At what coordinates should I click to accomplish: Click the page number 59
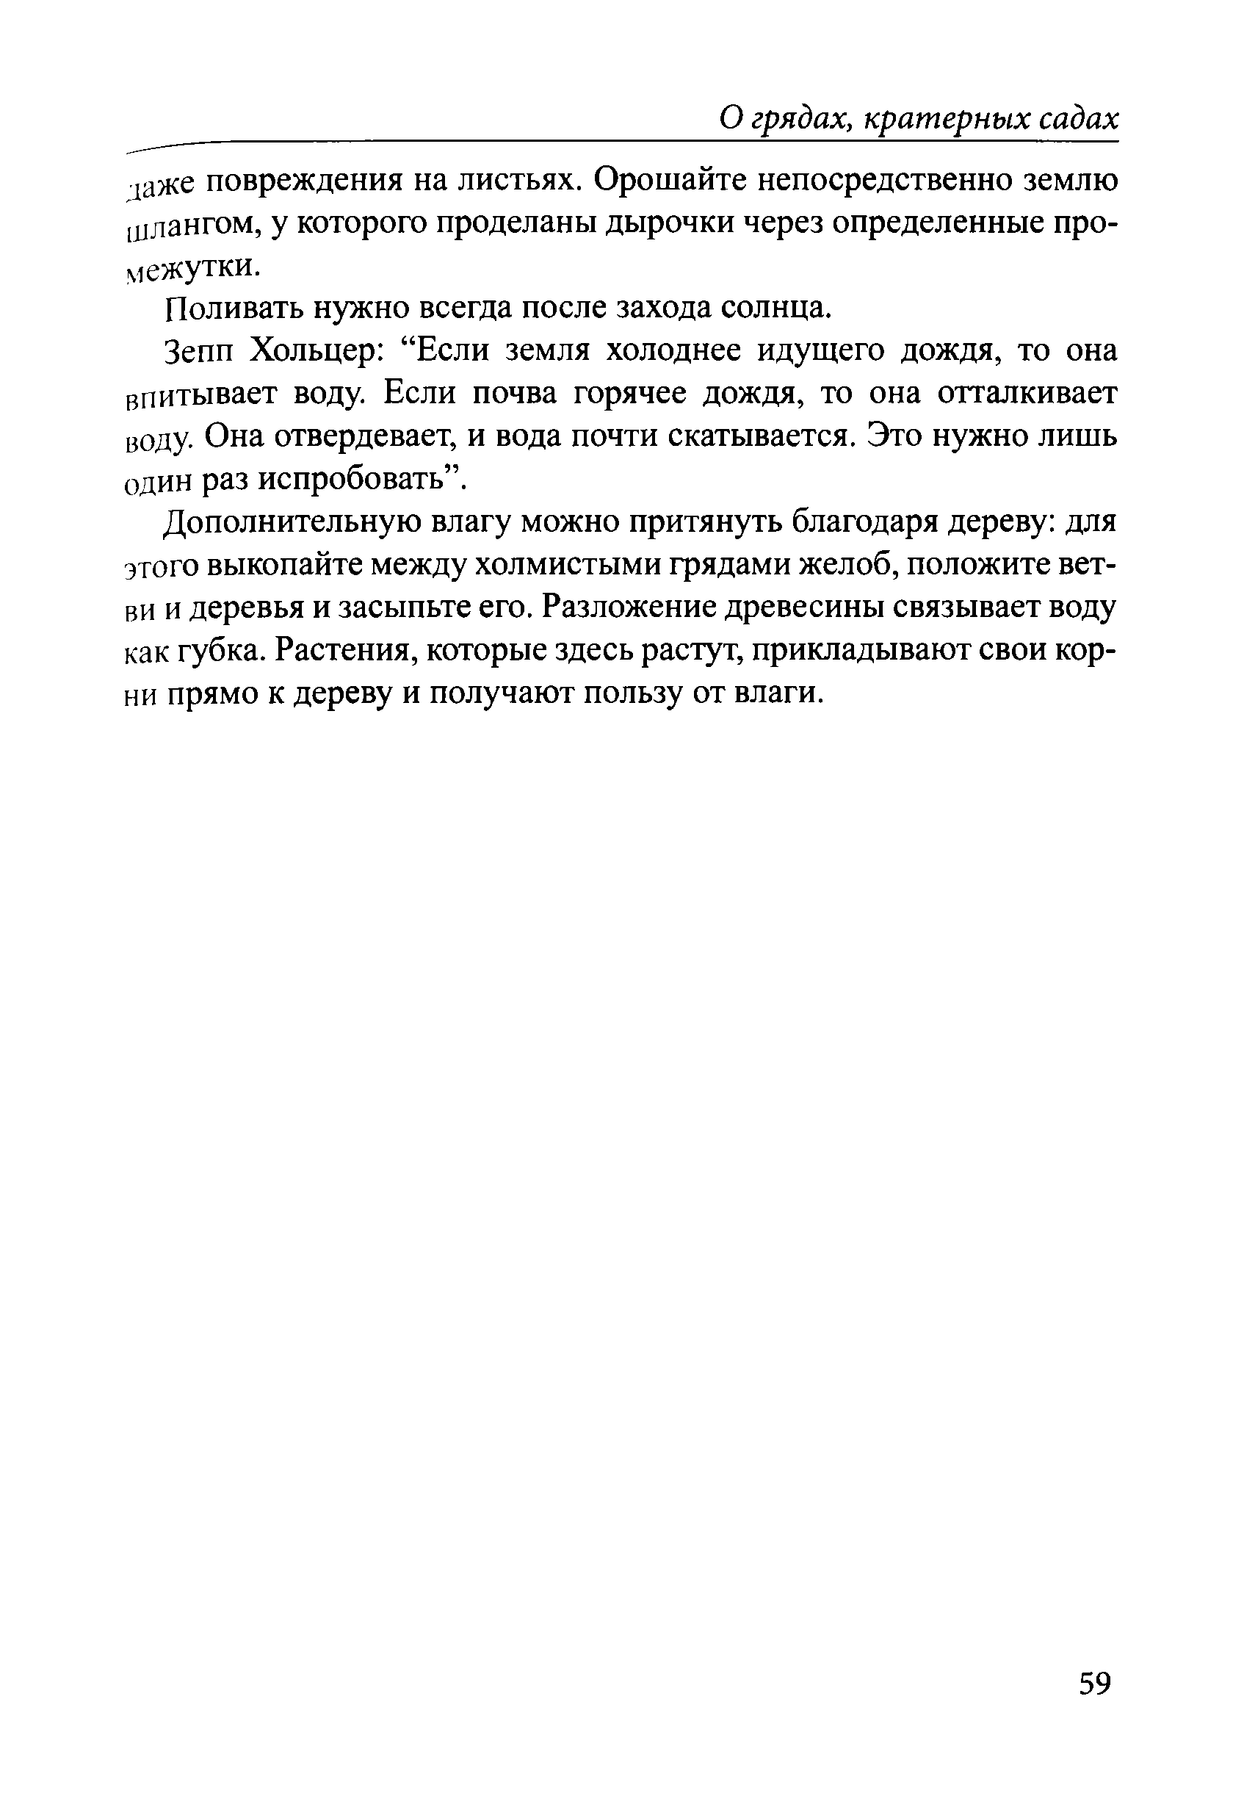click(x=1095, y=1682)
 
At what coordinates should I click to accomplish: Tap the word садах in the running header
click(x=1078, y=120)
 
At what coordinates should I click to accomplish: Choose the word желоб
click(x=845, y=565)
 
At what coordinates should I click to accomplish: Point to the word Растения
click(x=347, y=651)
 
